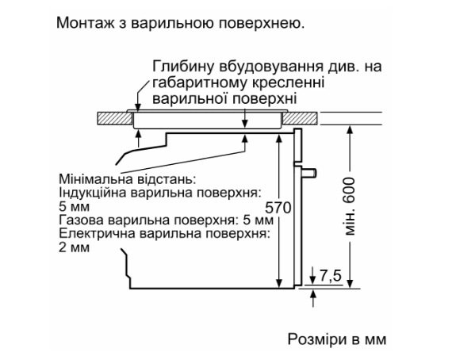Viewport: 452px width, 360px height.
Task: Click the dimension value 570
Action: click(x=278, y=208)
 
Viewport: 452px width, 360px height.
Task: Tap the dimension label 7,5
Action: click(x=331, y=275)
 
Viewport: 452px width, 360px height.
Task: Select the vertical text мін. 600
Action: click(x=350, y=206)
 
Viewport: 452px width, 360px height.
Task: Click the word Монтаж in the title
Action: click(x=85, y=23)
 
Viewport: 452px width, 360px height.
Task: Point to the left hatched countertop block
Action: click(x=115, y=118)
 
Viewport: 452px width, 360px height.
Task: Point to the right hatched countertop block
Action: click(x=300, y=118)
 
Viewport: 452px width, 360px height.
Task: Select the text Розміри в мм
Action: click(x=337, y=339)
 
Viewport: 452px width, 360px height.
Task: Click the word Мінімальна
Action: click(x=96, y=179)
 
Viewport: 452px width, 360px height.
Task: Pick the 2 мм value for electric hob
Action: click(x=74, y=247)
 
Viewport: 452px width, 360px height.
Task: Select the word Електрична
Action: click(x=97, y=234)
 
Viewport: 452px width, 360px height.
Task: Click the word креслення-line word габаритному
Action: click(x=200, y=83)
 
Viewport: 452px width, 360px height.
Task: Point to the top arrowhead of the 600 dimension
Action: click(x=350, y=130)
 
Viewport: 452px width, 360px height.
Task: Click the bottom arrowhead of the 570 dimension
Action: click(x=279, y=283)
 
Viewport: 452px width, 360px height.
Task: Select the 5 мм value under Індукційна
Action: click(x=74, y=206)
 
